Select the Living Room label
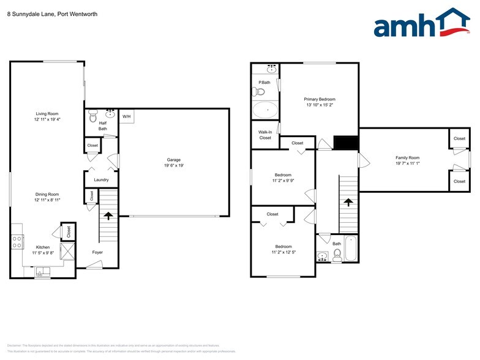(x=47, y=113)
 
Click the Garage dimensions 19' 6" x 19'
(x=174, y=165)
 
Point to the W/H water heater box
(x=127, y=116)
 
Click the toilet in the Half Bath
(x=93, y=116)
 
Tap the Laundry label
(x=101, y=179)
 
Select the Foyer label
(x=97, y=252)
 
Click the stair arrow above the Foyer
(x=109, y=216)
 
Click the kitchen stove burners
(x=17, y=242)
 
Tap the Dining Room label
(x=47, y=194)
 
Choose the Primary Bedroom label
(x=320, y=99)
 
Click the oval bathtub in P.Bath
(x=265, y=111)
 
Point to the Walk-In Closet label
(x=265, y=134)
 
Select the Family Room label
(x=407, y=158)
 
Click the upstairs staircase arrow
(x=348, y=201)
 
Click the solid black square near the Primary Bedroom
(x=345, y=143)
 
